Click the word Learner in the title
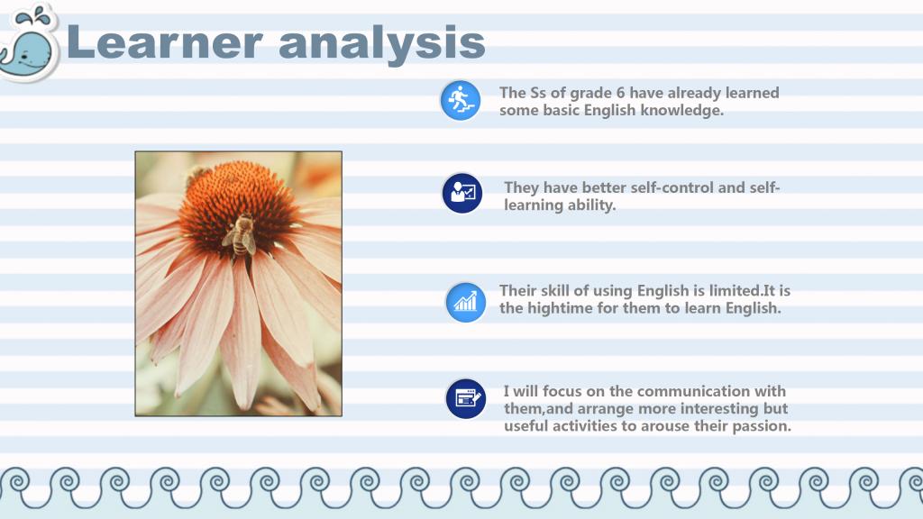164,42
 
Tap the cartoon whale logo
30,42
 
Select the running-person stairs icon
461,101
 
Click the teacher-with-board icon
462,193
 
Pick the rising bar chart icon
466,303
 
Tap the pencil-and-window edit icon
466,399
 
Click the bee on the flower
240,235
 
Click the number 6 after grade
620,93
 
